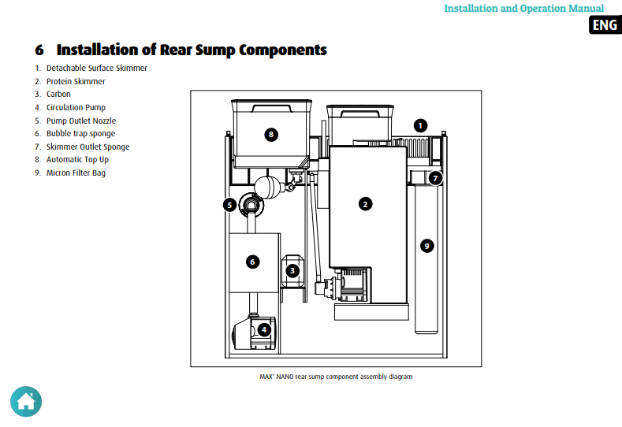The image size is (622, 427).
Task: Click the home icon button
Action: pos(26,402)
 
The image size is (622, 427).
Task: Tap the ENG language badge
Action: pos(605,25)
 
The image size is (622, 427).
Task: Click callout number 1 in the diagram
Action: pos(420,126)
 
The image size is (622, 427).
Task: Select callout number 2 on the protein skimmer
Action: pos(365,204)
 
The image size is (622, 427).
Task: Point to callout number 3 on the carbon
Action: pos(292,271)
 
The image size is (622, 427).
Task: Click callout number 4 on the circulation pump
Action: pos(264,329)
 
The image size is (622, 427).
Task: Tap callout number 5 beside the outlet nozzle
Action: pos(229,205)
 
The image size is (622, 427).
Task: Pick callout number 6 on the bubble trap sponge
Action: pos(253,262)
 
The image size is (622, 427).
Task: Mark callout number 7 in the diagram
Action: pos(435,178)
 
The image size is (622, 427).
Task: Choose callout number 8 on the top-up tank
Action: pos(271,135)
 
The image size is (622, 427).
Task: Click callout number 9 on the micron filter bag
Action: pos(426,246)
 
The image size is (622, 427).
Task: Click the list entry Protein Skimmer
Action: pos(76,81)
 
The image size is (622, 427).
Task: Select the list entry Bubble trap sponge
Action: pos(80,134)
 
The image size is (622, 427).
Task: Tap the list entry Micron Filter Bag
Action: pos(76,173)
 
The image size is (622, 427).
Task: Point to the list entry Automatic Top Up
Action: pos(77,159)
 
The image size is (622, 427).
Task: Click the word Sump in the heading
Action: pos(215,50)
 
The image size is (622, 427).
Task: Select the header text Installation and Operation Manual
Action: pos(523,9)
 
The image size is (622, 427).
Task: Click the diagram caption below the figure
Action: pos(336,377)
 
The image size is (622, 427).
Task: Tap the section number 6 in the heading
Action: pos(39,50)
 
